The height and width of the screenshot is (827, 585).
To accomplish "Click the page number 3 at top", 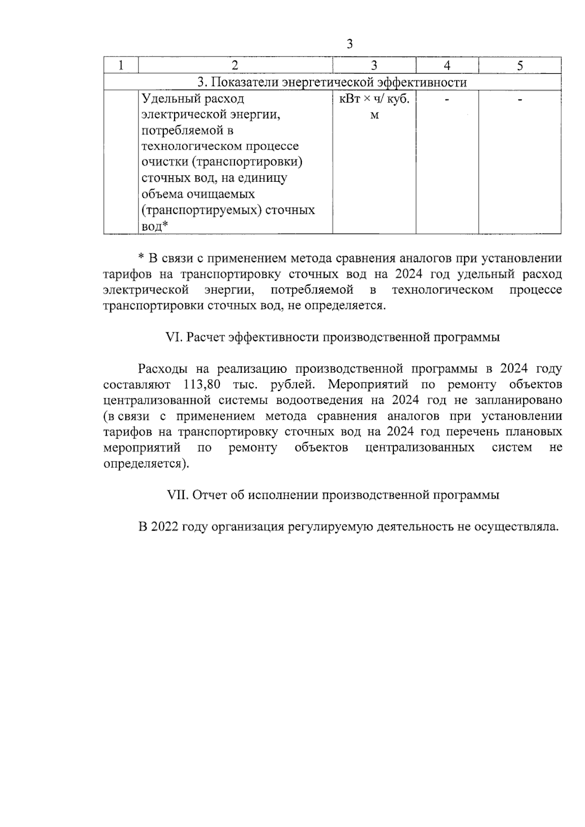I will (x=349, y=44).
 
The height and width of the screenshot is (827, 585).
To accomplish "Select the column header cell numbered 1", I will (x=121, y=66).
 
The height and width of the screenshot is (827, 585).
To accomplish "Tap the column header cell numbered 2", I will (x=235, y=66).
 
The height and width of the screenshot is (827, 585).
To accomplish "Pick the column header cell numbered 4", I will (x=447, y=66).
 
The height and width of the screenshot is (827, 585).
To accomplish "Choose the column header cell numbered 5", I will (x=520, y=66).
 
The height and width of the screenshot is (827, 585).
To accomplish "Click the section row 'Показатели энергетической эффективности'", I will (x=332, y=82).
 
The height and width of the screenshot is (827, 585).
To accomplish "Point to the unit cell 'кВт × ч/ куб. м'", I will (x=374, y=106).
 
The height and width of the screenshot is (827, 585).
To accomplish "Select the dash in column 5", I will (x=520, y=99).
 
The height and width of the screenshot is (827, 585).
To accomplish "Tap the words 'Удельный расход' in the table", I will (x=193, y=99).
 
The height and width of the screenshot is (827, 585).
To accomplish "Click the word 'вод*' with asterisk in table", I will (x=155, y=226).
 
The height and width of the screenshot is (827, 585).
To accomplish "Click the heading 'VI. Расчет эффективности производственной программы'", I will (x=333, y=337).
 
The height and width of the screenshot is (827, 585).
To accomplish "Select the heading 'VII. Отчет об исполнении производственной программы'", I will (x=333, y=495).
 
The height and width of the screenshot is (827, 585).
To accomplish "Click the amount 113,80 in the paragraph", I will (x=202, y=385).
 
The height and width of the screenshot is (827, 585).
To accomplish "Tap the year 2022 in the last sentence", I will (x=166, y=527).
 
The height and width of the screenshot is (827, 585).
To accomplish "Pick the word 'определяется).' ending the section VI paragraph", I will (x=146, y=463).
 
